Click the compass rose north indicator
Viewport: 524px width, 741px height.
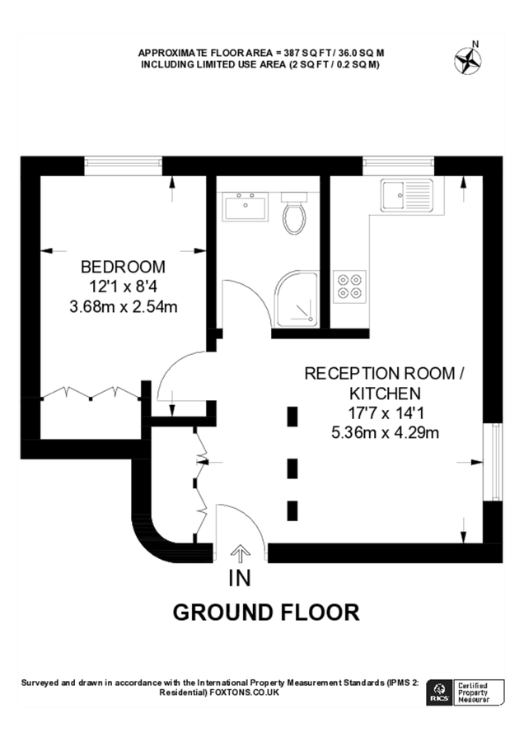[468, 59]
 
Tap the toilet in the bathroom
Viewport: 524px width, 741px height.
[294, 212]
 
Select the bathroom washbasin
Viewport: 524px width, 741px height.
[245, 206]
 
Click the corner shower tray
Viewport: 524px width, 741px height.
[297, 299]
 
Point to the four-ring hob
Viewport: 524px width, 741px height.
[349, 287]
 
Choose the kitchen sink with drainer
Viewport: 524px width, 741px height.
[407, 195]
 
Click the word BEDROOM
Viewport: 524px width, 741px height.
[123, 267]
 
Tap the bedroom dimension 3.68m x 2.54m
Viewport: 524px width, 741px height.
[124, 307]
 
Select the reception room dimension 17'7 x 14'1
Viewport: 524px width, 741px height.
[386, 413]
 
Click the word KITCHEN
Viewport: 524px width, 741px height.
[385, 394]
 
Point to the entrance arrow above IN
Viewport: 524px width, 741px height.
[241, 553]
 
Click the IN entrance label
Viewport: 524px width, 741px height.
[240, 578]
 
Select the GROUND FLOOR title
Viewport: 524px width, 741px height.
[266, 613]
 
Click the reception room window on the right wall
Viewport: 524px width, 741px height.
[493, 462]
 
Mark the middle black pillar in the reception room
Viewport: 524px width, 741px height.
[292, 468]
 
